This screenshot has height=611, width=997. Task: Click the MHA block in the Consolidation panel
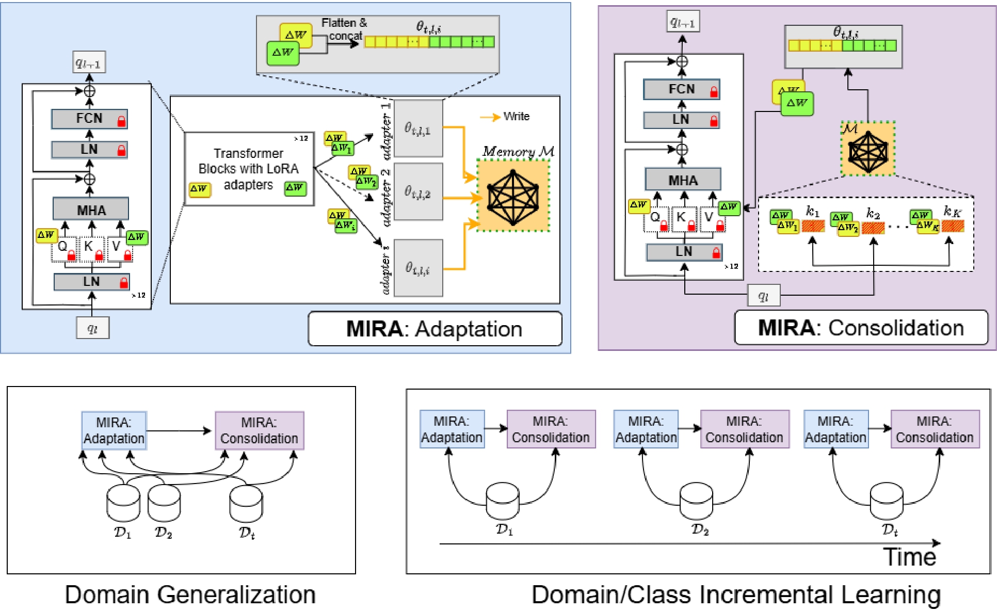[x=683, y=180]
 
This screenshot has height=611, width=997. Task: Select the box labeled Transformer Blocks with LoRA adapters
[x=249, y=169]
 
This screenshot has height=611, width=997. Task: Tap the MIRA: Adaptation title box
[x=435, y=329]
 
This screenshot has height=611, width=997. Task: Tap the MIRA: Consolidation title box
[x=861, y=328]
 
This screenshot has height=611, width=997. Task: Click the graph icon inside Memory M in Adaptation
[x=513, y=197]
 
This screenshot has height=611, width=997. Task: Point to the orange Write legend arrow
[x=490, y=117]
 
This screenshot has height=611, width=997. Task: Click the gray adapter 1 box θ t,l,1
[x=418, y=128]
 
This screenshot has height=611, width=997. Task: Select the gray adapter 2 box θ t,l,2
[x=418, y=192]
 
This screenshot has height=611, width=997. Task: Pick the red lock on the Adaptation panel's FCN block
[x=122, y=121]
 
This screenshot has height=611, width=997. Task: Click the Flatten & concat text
[x=345, y=29]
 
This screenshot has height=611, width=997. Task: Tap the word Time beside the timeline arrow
[x=909, y=557]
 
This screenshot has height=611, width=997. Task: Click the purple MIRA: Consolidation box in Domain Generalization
[x=259, y=430]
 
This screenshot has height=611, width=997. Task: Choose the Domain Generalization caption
[x=190, y=594]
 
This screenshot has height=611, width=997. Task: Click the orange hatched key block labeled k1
[x=813, y=226]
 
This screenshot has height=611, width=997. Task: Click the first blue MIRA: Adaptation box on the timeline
[x=452, y=429]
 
